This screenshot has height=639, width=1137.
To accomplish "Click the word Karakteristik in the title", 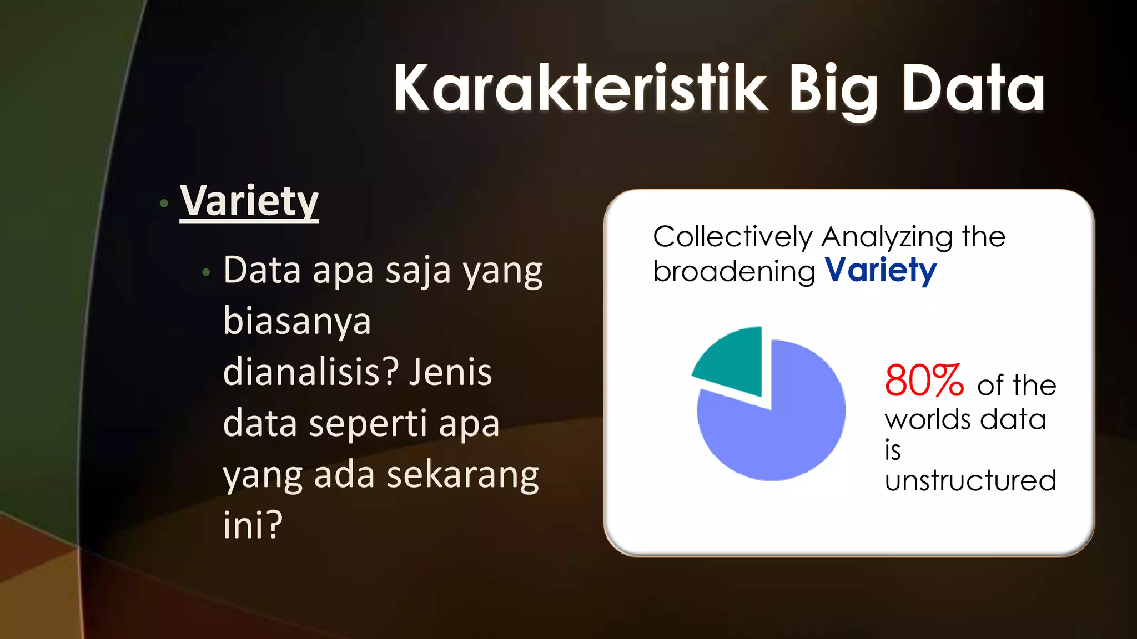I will tap(580, 89).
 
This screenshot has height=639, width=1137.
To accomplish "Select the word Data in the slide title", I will tap(973, 89).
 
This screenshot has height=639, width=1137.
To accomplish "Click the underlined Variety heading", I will tap(249, 202).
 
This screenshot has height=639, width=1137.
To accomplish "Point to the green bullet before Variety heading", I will tap(164, 204).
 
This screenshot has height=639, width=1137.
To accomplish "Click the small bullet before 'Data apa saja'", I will tap(207, 272).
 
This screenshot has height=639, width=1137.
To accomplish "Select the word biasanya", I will tap(297, 322).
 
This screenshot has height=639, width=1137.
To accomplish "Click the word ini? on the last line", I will tap(253, 524).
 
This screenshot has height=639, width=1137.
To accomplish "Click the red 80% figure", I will tap(924, 381).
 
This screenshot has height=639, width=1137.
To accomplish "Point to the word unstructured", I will tap(970, 480).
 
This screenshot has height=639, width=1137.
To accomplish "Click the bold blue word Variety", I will tap(881, 271).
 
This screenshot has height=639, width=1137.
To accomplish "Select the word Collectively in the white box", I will tap(732, 237).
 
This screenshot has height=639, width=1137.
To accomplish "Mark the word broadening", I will tap(734, 272).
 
